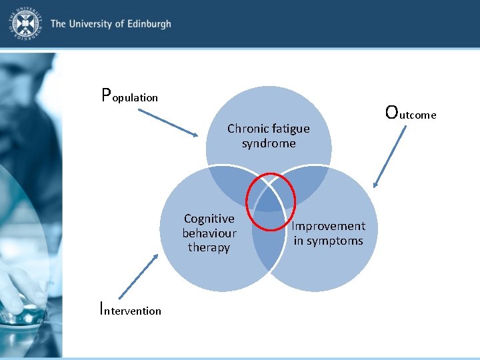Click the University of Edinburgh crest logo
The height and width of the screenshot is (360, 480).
click(x=25, y=25)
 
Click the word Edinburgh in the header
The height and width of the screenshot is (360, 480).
click(x=146, y=24)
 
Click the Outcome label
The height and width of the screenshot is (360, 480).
click(x=411, y=113)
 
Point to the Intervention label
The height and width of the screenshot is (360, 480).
click(x=130, y=309)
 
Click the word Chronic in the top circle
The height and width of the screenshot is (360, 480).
click(x=247, y=129)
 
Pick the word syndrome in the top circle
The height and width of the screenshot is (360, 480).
click(x=269, y=143)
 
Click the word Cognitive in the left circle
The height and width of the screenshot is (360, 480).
click(x=209, y=219)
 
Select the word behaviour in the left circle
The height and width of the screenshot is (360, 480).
click(x=209, y=233)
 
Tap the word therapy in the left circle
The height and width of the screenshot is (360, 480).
click(x=209, y=247)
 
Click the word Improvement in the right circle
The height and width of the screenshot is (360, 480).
click(x=328, y=226)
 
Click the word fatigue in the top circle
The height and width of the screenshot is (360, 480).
click(x=289, y=129)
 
